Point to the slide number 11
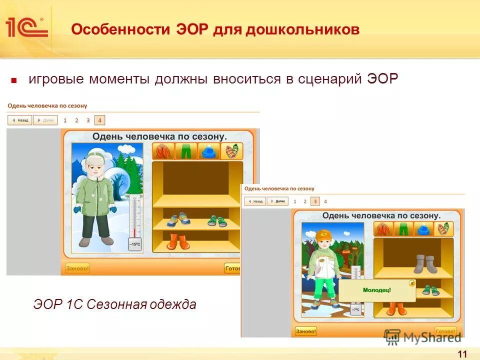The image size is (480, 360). click(x=462, y=354)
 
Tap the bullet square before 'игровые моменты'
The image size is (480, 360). click(x=14, y=80)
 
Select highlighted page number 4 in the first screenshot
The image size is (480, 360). click(x=99, y=120)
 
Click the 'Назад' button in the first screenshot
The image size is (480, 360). click(x=20, y=120)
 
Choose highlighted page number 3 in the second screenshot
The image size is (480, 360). click(x=315, y=201)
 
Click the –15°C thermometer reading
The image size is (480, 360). click(x=135, y=244)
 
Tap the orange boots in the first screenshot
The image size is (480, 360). click(x=178, y=241)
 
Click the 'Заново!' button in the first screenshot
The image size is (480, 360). click(x=77, y=268)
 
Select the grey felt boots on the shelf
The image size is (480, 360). click(x=425, y=264)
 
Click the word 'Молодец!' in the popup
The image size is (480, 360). click(x=377, y=289)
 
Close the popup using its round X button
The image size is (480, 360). click(x=411, y=283)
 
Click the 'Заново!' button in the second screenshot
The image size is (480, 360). click(x=305, y=331)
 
